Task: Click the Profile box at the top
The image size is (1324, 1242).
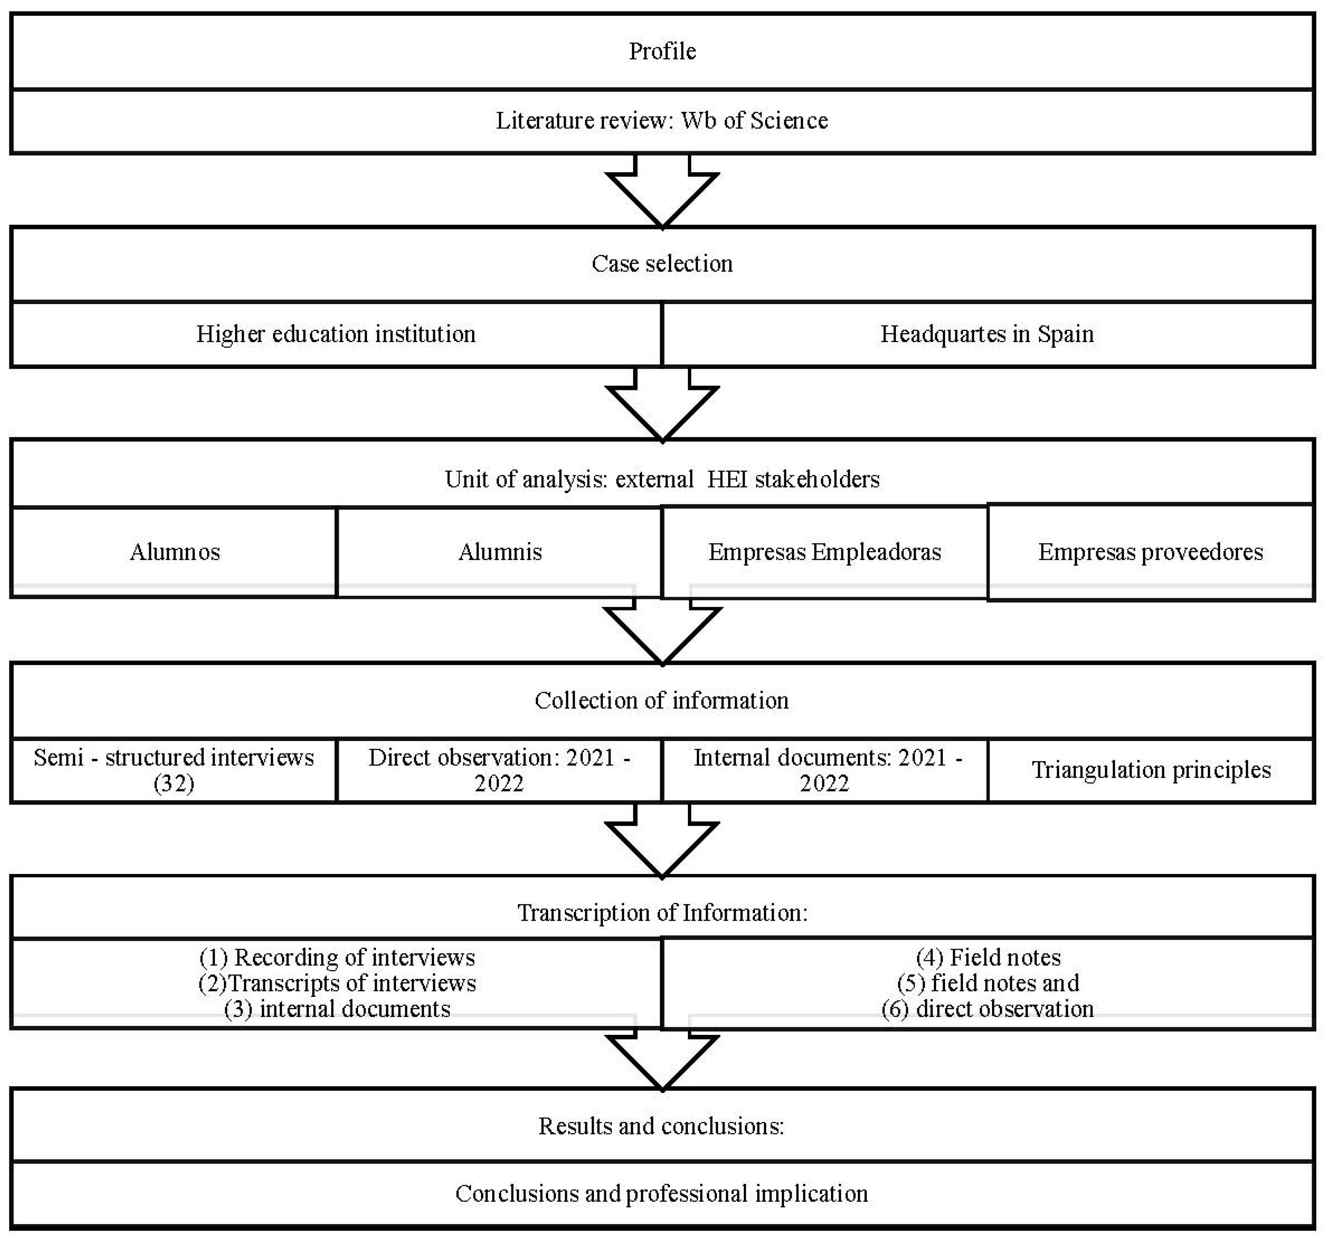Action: point(662,51)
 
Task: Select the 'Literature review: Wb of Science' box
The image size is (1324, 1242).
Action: point(662,120)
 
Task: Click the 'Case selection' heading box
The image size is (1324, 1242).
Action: point(662,264)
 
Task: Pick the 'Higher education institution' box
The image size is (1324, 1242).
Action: point(336,334)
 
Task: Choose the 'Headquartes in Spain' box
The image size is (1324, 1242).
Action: point(987,334)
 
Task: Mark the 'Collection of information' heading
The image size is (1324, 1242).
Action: point(662,700)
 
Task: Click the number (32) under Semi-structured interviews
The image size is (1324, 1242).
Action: point(174,783)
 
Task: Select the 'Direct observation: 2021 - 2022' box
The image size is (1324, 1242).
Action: point(499,770)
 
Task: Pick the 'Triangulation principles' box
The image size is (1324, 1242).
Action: point(1151,770)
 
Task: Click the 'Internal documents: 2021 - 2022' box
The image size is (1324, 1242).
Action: point(825,770)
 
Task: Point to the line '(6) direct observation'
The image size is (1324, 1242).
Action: point(987,1009)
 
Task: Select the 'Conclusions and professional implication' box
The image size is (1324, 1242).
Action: point(662,1193)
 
